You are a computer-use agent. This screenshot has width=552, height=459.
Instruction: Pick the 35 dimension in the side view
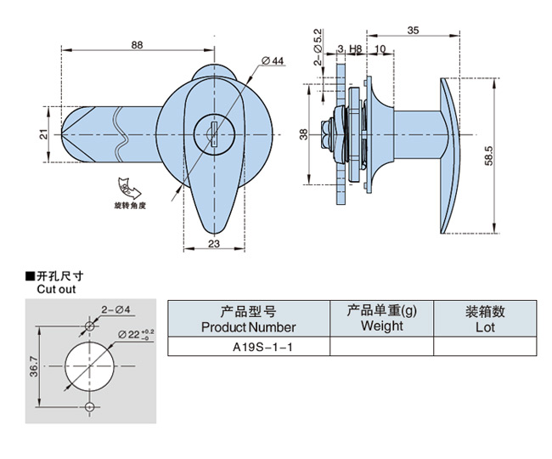413,31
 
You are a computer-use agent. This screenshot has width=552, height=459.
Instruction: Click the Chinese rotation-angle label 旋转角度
131,206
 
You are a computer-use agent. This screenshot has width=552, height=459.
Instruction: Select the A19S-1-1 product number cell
247,347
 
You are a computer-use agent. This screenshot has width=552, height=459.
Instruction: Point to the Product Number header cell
248,319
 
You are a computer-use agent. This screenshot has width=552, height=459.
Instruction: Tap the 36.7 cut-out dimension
33,367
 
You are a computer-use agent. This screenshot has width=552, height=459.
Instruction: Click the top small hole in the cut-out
89,326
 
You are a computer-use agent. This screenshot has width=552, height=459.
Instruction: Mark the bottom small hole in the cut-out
89,407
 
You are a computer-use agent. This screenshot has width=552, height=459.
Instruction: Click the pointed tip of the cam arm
65,135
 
